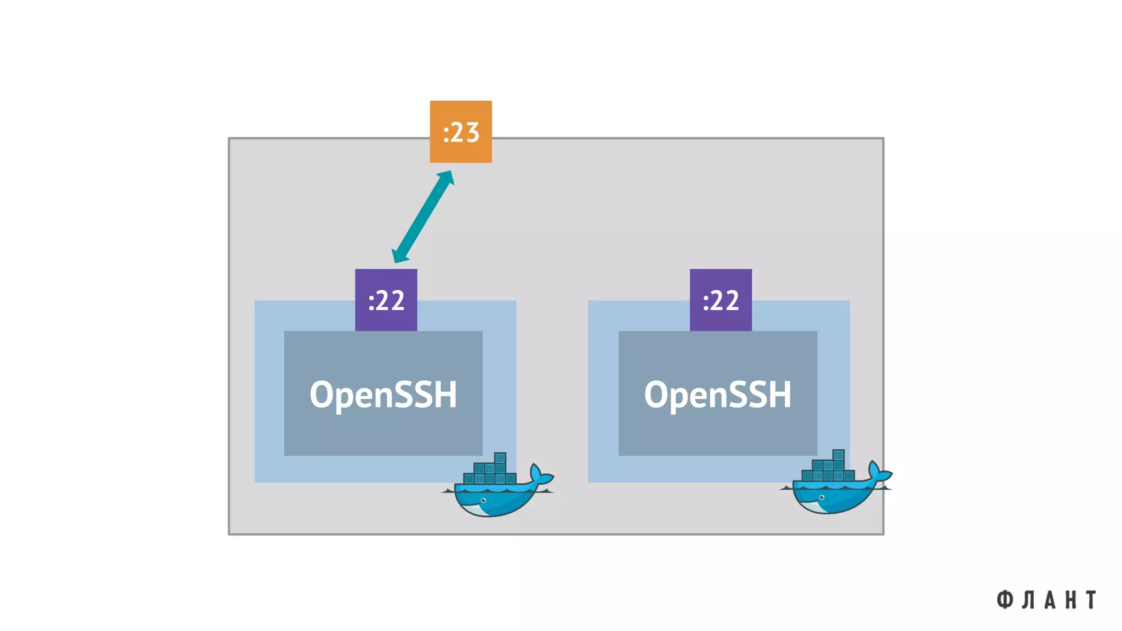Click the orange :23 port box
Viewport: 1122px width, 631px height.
(460, 131)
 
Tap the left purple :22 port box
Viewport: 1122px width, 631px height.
(386, 300)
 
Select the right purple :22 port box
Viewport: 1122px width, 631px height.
(720, 300)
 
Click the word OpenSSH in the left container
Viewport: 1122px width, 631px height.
(383, 394)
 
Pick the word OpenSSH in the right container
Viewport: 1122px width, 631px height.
(718, 394)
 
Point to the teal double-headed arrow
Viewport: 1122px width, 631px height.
(423, 217)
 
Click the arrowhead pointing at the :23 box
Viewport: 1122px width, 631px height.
(446, 177)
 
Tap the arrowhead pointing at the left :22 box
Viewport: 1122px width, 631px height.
(399, 256)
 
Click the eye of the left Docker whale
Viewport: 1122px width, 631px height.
(483, 500)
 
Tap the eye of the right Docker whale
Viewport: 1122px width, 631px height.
(821, 497)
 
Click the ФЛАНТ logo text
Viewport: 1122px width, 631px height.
(1046, 600)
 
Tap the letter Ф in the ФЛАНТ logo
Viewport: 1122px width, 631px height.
(1004, 600)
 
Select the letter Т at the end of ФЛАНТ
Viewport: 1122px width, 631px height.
(1091, 600)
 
